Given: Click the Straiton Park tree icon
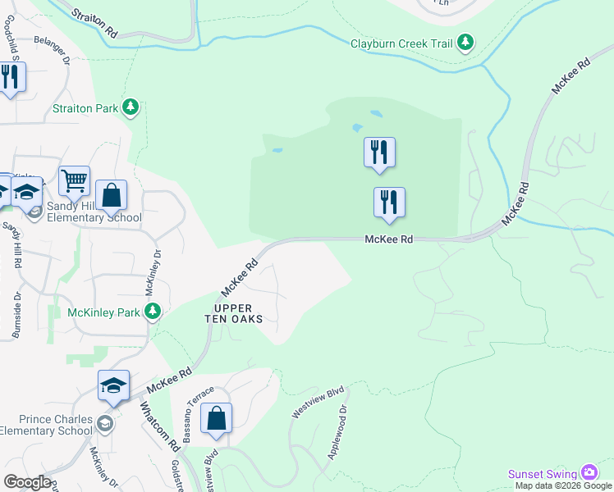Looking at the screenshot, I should tap(130, 107).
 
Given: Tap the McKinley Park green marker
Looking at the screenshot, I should tap(153, 311).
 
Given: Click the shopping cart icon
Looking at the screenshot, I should tap(74, 180).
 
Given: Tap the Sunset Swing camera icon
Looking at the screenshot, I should tap(589, 472).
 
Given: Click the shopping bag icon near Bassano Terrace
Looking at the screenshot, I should tap(216, 417).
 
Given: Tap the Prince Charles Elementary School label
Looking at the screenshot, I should tap(46, 425).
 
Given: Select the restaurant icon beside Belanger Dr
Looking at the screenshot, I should tap(9, 78).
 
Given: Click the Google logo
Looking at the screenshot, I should tap(27, 482).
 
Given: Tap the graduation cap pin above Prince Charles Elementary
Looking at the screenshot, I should tap(113, 385).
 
